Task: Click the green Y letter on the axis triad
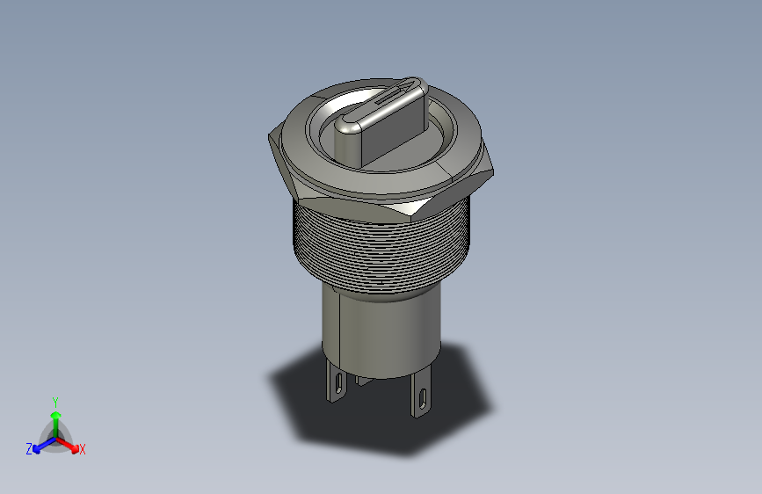click(54, 399)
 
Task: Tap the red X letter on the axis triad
click(83, 450)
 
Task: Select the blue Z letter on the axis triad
click(29, 449)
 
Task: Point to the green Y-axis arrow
click(55, 417)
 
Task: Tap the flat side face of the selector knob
click(396, 136)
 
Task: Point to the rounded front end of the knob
click(348, 141)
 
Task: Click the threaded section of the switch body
click(378, 255)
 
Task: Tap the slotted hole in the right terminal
click(423, 397)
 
